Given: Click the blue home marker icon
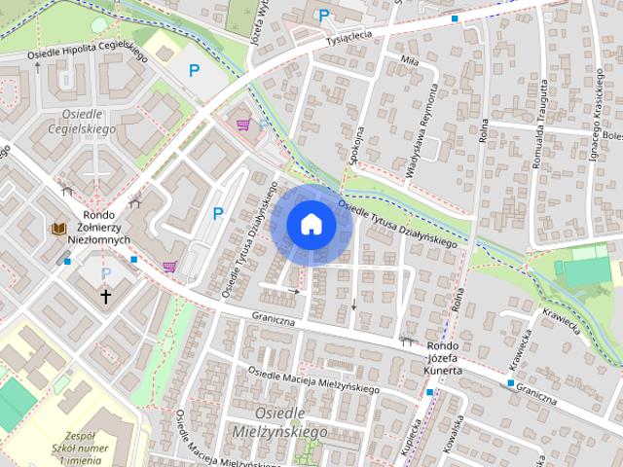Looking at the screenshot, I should [x=311, y=224].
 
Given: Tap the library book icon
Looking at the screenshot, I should [x=58, y=229].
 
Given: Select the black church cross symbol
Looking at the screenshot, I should [x=105, y=296].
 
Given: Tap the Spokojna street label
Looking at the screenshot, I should [x=357, y=146].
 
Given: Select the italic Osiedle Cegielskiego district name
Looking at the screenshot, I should [x=82, y=121].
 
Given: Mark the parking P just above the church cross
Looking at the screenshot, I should [x=106, y=274].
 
